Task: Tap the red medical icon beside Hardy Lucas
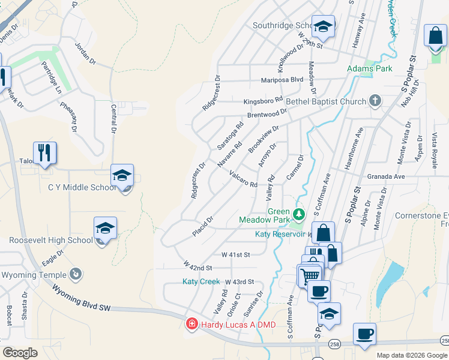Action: [191, 325]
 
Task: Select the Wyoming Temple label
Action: [34, 275]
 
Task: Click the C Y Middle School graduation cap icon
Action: [122, 176]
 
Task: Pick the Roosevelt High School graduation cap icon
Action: [105, 229]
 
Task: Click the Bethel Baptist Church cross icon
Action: [375, 101]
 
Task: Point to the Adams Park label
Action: [370, 68]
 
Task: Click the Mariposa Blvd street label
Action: [282, 79]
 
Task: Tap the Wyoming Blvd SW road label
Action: [82, 298]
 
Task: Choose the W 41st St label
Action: [235, 254]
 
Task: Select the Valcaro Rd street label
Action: [243, 178]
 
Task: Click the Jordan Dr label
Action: [85, 53]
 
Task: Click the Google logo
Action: [20, 353]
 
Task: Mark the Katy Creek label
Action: [202, 281]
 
